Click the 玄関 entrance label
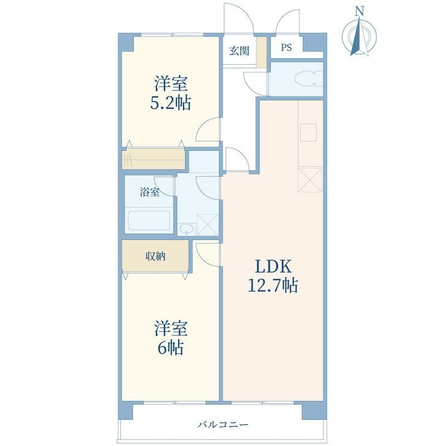(x=239, y=51)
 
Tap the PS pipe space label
(x=286, y=47)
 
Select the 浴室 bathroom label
(x=149, y=192)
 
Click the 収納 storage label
(x=156, y=256)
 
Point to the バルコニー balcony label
(x=223, y=425)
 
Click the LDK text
(x=273, y=267)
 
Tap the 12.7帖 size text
(x=273, y=285)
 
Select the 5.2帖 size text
(x=171, y=103)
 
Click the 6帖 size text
(x=171, y=347)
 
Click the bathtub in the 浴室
(x=149, y=221)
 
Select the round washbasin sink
(x=187, y=228)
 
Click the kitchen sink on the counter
(x=308, y=132)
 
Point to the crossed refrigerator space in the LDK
(x=310, y=180)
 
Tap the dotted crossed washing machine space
(x=207, y=225)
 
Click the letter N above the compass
(x=360, y=11)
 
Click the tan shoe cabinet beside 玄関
(x=261, y=52)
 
